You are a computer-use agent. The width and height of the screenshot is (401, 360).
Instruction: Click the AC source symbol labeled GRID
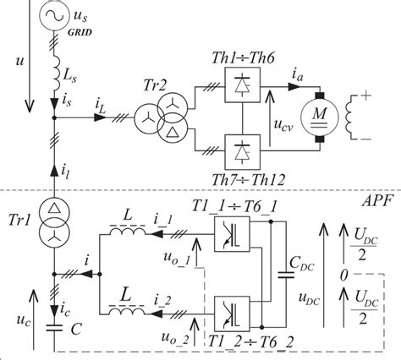coord(52,16)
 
